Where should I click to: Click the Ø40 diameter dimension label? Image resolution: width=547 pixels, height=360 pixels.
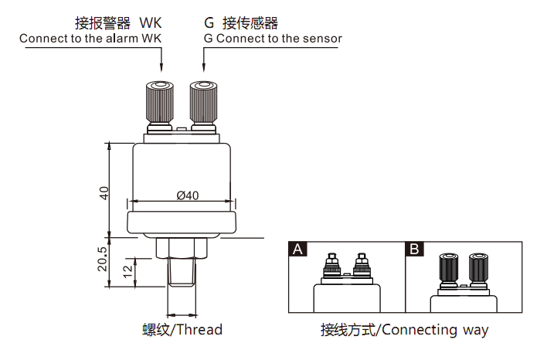click(188, 195)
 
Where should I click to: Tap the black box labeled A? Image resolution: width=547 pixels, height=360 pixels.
click(297, 249)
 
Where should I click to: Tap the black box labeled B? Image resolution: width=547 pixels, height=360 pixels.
click(415, 249)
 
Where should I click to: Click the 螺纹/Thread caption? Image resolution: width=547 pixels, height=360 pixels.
click(182, 330)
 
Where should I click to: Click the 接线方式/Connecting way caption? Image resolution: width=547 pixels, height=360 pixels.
click(404, 330)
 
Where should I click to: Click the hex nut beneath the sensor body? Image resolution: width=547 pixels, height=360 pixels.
click(182, 248)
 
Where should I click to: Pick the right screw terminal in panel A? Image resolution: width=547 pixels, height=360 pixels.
click(361, 264)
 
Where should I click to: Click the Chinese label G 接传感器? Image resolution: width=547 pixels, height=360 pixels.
click(240, 22)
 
